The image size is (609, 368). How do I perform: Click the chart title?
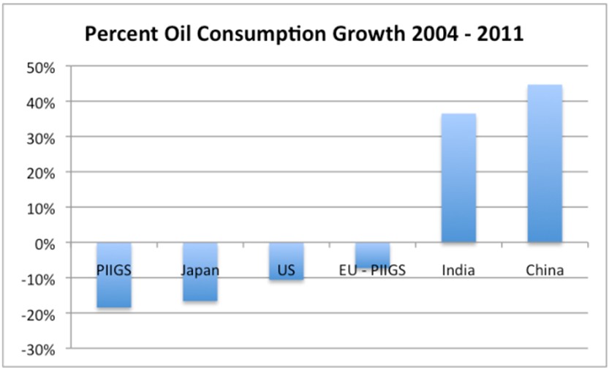[304, 34]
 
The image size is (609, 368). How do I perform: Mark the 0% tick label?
[45, 243]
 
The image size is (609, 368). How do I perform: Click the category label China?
[545, 271]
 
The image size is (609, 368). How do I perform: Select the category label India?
[458, 271]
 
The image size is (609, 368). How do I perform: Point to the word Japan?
[200, 271]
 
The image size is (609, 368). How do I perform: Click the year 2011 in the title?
[499, 34]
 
